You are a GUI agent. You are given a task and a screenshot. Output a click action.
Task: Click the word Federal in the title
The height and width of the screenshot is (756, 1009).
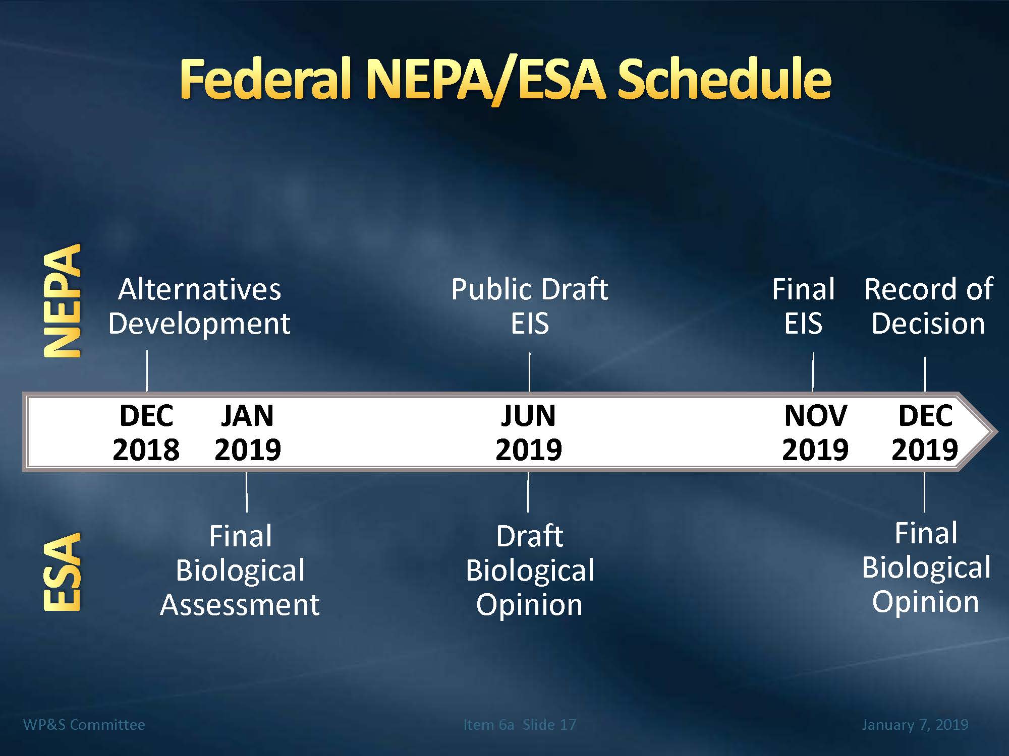point(265,79)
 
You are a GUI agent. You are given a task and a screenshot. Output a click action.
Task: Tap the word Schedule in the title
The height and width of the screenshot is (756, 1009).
point(724,79)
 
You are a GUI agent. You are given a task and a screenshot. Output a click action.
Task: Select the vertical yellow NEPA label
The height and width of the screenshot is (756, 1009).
point(62,301)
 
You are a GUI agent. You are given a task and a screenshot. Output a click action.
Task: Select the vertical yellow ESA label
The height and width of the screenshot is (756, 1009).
point(62,572)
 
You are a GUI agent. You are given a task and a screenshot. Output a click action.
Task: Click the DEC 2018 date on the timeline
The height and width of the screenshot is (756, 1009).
point(146,432)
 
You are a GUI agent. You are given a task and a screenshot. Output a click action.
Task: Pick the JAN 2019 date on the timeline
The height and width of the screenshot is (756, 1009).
point(247,432)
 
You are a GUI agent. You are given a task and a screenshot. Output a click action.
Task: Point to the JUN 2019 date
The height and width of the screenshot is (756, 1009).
point(528,432)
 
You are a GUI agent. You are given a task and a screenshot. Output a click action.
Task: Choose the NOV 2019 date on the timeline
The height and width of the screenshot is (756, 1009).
point(815,432)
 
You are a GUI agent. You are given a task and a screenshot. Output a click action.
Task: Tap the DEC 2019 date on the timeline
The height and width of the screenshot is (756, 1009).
point(925,432)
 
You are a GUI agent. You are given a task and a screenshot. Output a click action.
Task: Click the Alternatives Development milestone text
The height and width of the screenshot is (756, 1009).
point(199,306)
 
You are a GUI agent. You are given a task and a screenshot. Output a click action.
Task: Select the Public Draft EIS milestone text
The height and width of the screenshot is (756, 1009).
point(529,306)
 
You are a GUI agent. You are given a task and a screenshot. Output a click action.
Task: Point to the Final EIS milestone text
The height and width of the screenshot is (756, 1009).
point(803,306)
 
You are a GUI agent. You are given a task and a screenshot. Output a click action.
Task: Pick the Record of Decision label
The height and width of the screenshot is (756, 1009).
point(928,306)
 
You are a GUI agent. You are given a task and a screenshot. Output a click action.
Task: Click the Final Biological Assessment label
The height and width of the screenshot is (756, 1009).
point(240,570)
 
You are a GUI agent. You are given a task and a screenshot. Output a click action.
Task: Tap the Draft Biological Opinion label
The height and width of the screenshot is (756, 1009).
point(530,570)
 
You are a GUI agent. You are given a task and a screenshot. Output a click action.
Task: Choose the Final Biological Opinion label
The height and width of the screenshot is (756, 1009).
point(926,568)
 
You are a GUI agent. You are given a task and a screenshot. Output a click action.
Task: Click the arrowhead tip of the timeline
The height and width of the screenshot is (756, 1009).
point(997,432)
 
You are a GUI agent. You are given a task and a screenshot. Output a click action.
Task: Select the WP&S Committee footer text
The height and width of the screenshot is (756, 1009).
point(84,725)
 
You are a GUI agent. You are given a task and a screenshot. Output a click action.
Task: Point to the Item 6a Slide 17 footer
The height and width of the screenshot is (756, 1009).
point(520,725)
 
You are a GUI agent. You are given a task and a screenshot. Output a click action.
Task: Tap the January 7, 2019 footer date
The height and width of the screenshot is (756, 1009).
point(915,725)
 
